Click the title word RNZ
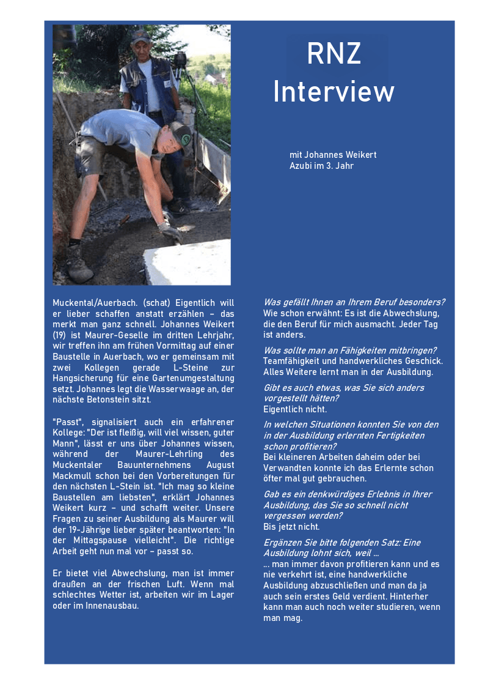click(x=334, y=54)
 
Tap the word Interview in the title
click(x=334, y=92)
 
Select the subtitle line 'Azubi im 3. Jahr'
click(x=321, y=166)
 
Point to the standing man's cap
click(x=140, y=37)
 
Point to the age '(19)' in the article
click(x=61, y=335)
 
